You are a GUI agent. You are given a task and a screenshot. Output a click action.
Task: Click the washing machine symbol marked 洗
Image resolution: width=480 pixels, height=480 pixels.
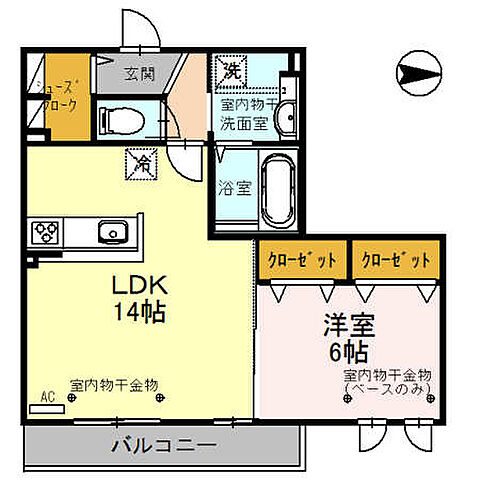point(232,70)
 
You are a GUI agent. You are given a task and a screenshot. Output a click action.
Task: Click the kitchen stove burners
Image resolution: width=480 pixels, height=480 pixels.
point(46,233)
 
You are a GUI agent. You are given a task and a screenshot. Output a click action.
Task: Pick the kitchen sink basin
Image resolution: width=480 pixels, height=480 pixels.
point(111,233)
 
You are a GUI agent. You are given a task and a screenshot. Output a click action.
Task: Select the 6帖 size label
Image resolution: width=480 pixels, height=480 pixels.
point(344,351)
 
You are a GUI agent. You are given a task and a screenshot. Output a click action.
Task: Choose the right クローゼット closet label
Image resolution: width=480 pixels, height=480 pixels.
point(397,259)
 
